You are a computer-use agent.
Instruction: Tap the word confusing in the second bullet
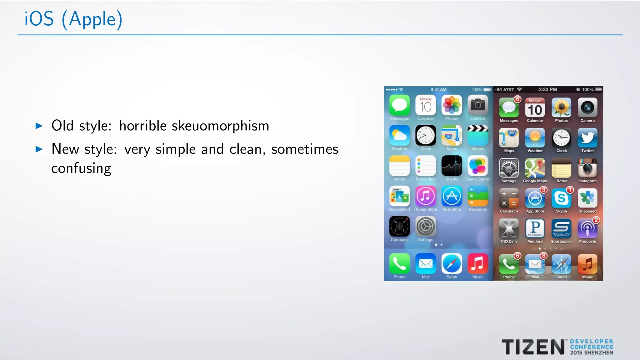[81, 169]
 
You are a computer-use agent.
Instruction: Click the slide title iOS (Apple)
[73, 19]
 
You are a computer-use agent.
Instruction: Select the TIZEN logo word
[533, 347]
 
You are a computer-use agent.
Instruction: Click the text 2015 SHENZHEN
[592, 353]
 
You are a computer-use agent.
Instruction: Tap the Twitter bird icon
[587, 138]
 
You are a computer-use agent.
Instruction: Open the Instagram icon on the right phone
[587, 168]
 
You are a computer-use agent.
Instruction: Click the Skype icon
[561, 198]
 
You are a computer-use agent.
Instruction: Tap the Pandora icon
[535, 228]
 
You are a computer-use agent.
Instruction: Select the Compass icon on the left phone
[399, 227]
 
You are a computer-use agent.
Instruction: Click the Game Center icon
[478, 166]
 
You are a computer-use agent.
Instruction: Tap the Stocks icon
[452, 166]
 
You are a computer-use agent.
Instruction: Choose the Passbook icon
[478, 196]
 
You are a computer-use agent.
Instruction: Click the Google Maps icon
[535, 168]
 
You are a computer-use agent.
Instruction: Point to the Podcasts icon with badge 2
[587, 228]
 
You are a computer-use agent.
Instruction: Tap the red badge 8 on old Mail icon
[544, 256]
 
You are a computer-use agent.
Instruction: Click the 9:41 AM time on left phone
[438, 90]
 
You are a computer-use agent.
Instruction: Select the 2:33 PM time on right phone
[548, 90]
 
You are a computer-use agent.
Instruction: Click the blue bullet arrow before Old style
[39, 126]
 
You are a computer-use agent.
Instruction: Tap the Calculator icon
[509, 198]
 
